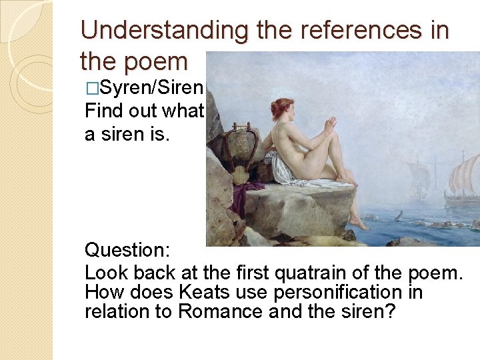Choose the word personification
[x=323, y=292]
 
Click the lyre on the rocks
[x=239, y=155]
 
